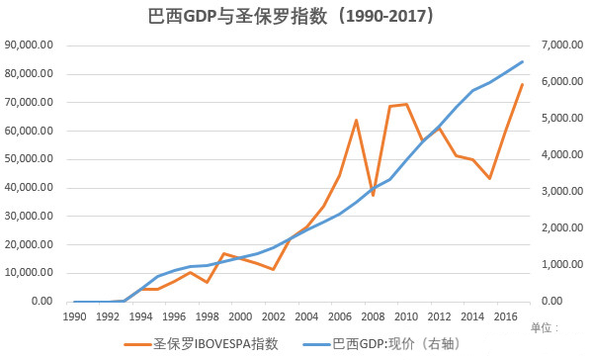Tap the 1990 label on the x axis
click(74, 316)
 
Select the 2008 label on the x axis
click(373, 316)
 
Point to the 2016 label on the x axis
click(505, 316)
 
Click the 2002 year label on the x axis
click(273, 316)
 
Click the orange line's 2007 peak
click(356, 120)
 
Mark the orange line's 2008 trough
click(373, 195)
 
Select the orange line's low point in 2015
click(489, 178)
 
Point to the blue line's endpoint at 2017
click(522, 61)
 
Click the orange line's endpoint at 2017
click(522, 84)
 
